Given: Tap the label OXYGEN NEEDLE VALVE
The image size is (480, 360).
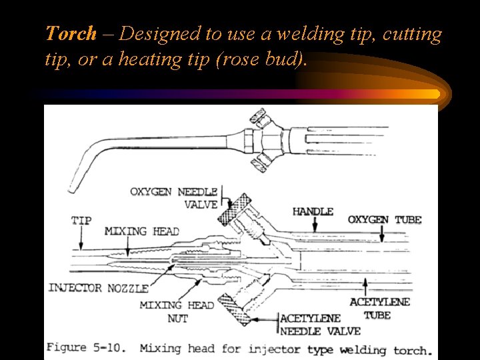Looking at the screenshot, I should click(173, 198).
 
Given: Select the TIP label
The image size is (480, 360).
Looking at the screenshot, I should click(81, 221).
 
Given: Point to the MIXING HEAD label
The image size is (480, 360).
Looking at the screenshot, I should click(141, 231).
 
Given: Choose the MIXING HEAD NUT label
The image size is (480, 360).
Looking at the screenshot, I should click(177, 311).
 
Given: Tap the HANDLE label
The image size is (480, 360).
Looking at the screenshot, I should click(313, 212).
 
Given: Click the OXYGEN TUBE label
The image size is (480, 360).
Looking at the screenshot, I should click(385, 220).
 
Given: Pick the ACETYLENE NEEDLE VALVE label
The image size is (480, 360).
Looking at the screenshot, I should click(320, 325).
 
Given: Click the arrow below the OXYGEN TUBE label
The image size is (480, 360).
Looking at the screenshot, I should click(382, 234).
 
